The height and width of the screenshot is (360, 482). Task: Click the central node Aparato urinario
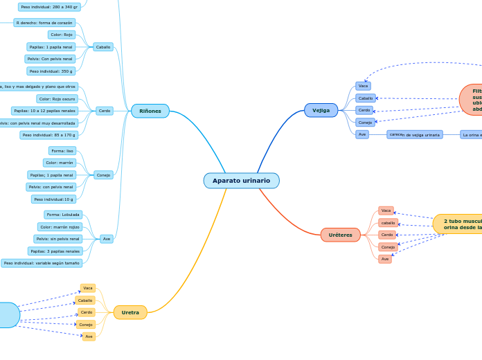(x=241, y=181)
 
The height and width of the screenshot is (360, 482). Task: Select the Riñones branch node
(x=150, y=111)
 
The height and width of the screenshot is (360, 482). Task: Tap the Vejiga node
(x=321, y=110)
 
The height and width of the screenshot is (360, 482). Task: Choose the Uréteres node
(x=340, y=235)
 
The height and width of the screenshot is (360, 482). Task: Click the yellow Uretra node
(x=130, y=312)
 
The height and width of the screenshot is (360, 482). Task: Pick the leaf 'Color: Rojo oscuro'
(x=57, y=99)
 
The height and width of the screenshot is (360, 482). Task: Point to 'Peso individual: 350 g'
(x=51, y=71)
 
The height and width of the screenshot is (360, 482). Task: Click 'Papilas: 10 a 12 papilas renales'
(x=44, y=111)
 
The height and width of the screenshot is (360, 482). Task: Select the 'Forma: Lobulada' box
(x=63, y=215)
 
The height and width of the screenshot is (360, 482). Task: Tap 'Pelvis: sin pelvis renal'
(x=58, y=239)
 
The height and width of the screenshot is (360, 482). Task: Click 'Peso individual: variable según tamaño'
(x=42, y=263)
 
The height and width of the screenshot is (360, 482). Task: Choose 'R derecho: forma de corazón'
(x=44, y=23)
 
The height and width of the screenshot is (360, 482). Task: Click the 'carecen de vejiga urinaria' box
(x=414, y=135)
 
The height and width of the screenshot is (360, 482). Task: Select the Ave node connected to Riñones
(x=106, y=239)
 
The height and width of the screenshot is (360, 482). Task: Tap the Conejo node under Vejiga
(x=365, y=123)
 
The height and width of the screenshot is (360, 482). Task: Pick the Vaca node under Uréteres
(x=386, y=210)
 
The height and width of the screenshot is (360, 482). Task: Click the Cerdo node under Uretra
(x=86, y=312)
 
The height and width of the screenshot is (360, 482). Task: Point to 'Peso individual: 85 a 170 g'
(x=48, y=135)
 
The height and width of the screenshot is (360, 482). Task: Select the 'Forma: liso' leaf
(x=62, y=151)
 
